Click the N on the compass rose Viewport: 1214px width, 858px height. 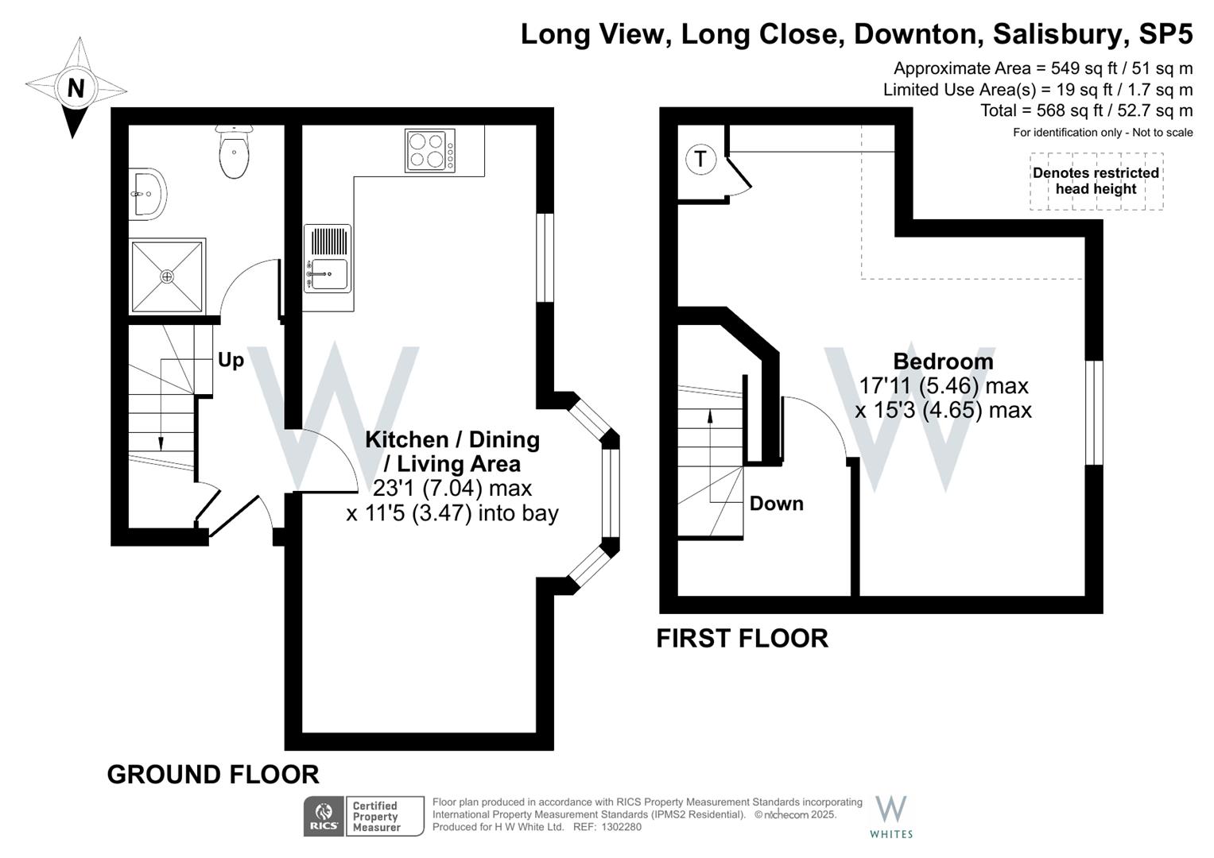click(x=76, y=87)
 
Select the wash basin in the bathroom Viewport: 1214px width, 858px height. click(x=148, y=193)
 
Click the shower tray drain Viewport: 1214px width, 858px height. click(x=167, y=276)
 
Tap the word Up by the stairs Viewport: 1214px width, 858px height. click(x=231, y=360)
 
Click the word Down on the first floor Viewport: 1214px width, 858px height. click(x=776, y=504)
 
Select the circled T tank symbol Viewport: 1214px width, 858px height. click(x=700, y=159)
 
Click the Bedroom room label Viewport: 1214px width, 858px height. click(x=943, y=361)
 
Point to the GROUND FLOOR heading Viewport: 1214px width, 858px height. click(x=213, y=774)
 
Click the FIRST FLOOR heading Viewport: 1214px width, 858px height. click(x=742, y=638)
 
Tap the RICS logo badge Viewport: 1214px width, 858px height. click(x=324, y=816)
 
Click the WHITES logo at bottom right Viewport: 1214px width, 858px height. click(x=891, y=817)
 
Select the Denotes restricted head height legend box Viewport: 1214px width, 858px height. click(x=1096, y=181)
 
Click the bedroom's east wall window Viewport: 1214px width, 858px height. click(x=1095, y=412)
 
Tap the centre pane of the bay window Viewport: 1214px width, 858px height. click(x=610, y=493)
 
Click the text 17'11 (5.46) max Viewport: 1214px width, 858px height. click(x=944, y=386)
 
